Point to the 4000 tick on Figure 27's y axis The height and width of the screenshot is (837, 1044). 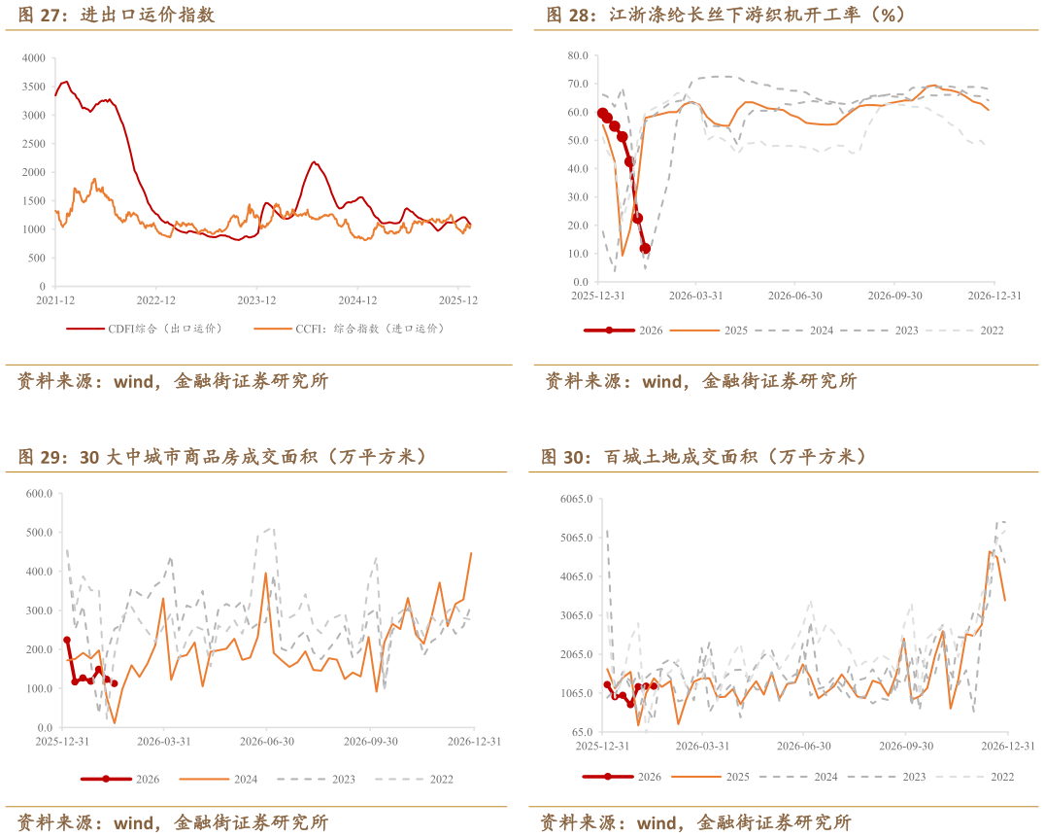click(x=33, y=58)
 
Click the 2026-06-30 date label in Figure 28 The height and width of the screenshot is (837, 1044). click(x=795, y=296)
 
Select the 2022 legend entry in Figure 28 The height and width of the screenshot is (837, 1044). click(x=991, y=331)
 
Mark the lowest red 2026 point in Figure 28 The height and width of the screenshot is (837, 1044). click(x=645, y=249)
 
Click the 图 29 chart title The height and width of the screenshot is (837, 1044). click(x=222, y=456)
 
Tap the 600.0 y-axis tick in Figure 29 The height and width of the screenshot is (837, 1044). click(x=38, y=494)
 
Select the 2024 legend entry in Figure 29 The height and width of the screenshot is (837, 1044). click(x=244, y=779)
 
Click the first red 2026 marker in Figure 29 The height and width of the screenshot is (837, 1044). click(x=67, y=640)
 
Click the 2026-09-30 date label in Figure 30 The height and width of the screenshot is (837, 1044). click(x=906, y=746)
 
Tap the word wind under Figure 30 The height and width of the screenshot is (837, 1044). click(x=661, y=823)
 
